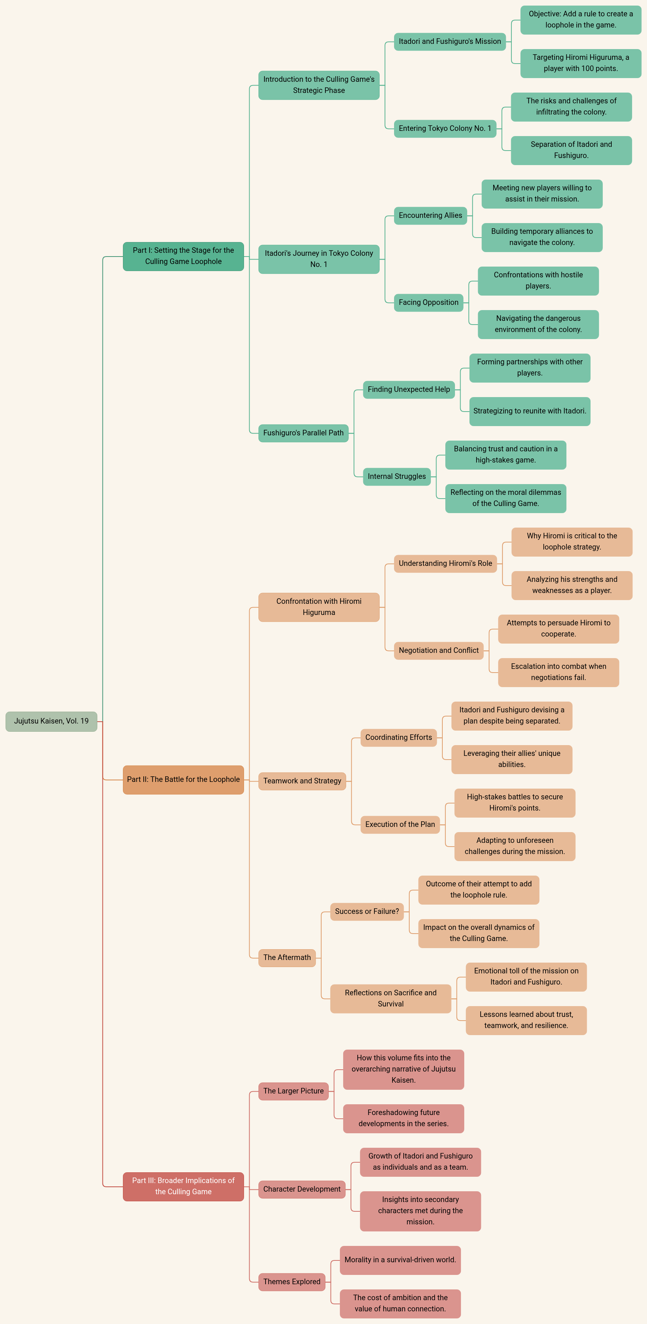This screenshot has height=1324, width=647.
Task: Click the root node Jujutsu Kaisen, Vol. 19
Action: click(x=51, y=721)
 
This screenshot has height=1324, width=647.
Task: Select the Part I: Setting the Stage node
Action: click(x=183, y=256)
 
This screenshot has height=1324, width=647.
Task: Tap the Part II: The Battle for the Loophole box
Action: click(x=183, y=780)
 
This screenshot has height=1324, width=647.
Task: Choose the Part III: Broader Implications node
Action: click(x=183, y=1186)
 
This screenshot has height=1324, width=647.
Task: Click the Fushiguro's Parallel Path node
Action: click(x=303, y=433)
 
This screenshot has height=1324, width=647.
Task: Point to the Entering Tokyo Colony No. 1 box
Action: click(x=445, y=129)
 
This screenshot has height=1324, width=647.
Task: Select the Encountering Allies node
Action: click(x=430, y=215)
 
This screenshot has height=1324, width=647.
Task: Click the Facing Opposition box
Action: click(x=428, y=302)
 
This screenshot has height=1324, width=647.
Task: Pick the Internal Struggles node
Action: click(x=396, y=476)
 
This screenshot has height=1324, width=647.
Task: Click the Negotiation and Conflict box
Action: click(x=439, y=650)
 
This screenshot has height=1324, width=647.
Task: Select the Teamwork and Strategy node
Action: click(x=302, y=781)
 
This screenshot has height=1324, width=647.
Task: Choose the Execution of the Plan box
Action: click(x=400, y=824)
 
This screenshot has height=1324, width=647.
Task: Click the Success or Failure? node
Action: click(x=367, y=911)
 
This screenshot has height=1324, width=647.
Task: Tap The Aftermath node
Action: click(x=287, y=957)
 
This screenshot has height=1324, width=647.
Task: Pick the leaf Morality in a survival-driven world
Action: click(x=400, y=1260)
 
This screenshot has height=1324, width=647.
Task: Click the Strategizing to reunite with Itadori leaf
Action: click(x=529, y=411)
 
